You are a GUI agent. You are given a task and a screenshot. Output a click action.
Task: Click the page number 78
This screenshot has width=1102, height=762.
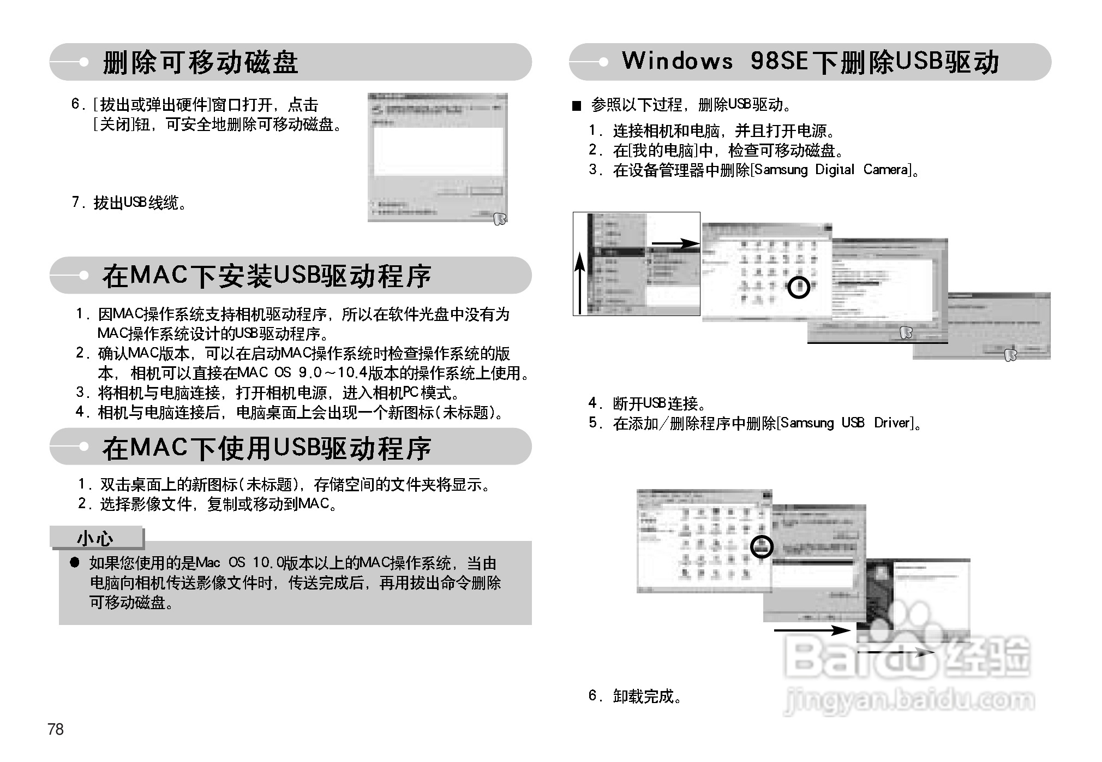pos(56,729)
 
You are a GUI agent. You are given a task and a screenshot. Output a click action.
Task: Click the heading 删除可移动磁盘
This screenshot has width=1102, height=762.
pos(200,62)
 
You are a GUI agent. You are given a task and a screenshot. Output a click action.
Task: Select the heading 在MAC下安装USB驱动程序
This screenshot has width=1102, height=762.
pos(267,276)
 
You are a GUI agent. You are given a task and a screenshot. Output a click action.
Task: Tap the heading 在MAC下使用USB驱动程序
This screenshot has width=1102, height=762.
pos(267,448)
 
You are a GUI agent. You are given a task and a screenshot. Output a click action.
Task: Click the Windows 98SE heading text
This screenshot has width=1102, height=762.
pos(810,62)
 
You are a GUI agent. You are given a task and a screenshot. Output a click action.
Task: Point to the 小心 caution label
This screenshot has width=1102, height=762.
pos(95,538)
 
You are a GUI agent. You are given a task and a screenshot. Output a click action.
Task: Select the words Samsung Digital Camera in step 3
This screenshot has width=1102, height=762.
pos(831,170)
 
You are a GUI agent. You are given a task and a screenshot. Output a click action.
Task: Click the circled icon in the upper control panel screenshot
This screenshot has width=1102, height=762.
pos(799,287)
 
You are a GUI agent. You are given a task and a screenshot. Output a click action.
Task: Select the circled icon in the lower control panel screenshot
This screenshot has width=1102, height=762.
pos(762,546)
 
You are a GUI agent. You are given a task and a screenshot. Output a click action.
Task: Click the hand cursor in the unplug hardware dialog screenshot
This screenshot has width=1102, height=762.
pos(499,218)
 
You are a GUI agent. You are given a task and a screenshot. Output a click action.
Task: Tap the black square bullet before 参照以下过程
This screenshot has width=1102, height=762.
pos(577,106)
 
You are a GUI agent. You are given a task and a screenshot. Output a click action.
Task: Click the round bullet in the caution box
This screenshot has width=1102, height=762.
pos(75,563)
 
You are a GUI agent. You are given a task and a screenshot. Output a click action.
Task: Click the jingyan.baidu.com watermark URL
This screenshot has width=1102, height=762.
pos(909,700)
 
